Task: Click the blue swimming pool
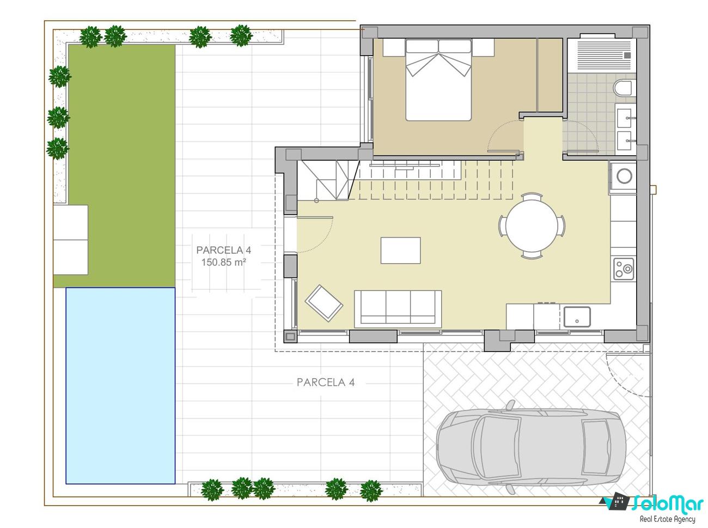point(120,385)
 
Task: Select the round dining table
point(531,226)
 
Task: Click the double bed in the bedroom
point(438,80)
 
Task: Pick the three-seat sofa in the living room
point(398,309)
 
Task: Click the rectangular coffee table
point(400,251)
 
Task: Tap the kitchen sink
point(577,317)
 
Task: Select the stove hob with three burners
point(624,269)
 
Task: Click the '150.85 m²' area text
point(223,262)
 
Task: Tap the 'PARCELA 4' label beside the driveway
point(326,383)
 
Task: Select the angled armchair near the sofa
point(324,303)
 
